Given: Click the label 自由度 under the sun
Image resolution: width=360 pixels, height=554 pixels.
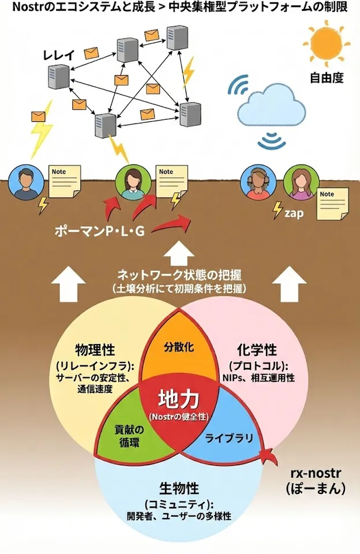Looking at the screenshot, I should [x=326, y=77].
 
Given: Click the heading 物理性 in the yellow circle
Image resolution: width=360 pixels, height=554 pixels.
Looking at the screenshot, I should [x=96, y=351].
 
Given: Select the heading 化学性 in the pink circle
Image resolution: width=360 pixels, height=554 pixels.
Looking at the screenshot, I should [x=257, y=350].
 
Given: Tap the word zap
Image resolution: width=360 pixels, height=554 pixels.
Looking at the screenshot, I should [x=294, y=212].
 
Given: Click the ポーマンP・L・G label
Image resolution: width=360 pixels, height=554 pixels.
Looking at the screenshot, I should [x=99, y=231].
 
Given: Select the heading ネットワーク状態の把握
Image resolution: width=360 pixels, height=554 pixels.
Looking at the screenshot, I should [x=179, y=274].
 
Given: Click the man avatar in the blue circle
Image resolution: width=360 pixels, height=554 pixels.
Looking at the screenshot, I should [x=25, y=183].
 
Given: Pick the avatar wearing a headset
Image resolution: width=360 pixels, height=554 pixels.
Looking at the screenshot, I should [x=256, y=183].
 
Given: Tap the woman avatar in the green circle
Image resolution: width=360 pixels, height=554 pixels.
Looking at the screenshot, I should [x=132, y=183].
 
